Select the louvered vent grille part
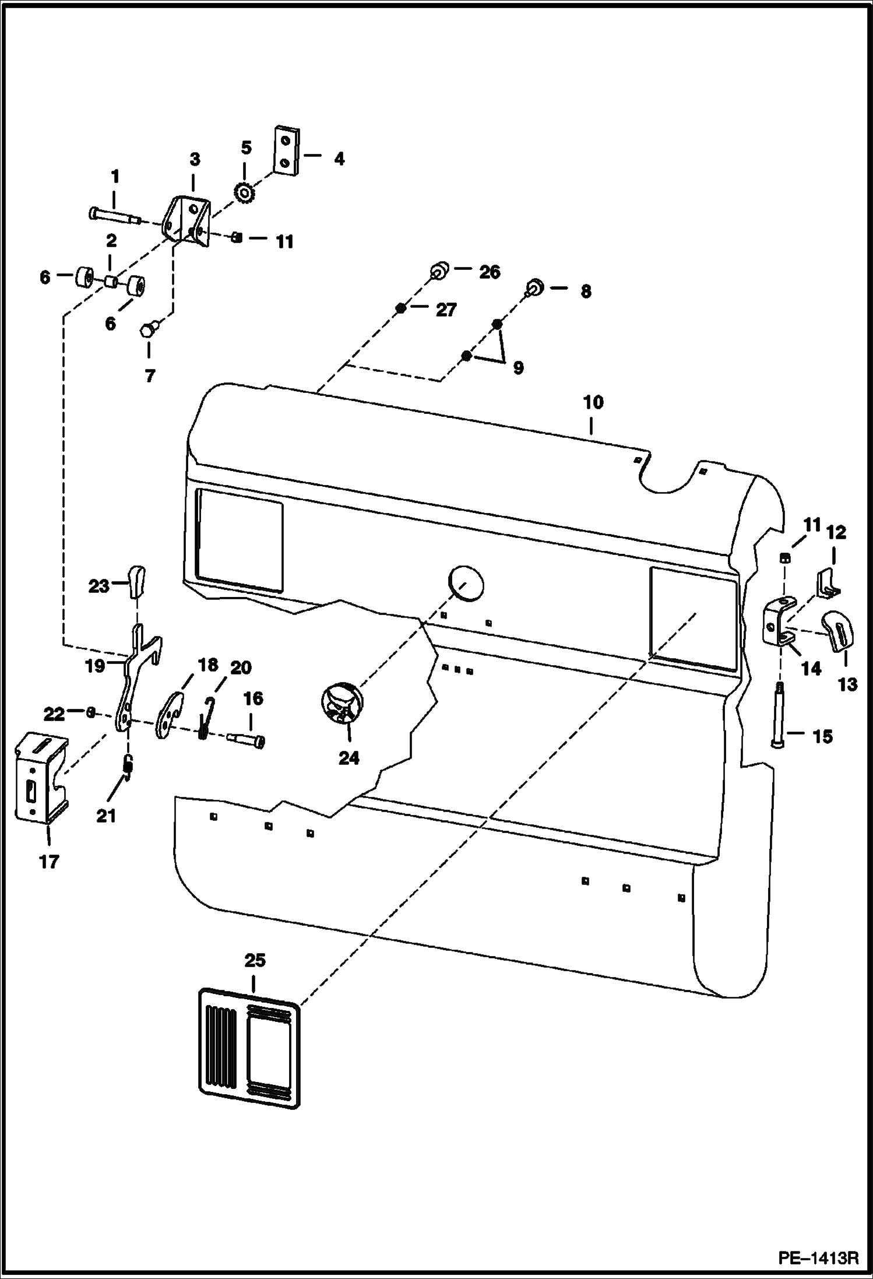[250, 1048]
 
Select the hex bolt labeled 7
[147, 330]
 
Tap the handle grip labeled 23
[138, 581]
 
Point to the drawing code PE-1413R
[818, 1257]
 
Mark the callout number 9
[518, 367]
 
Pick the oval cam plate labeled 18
[170, 715]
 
